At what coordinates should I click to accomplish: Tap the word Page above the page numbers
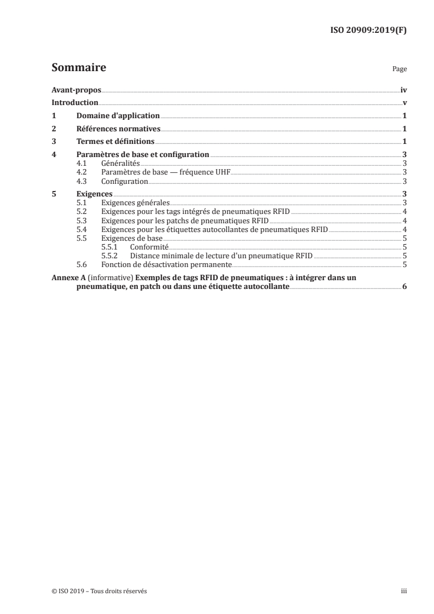pyautogui.click(x=400, y=70)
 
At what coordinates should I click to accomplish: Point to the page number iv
pyautogui.click(x=403, y=90)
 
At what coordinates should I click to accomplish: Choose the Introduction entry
pyautogui.click(x=75, y=103)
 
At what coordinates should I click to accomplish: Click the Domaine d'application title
pyautogui.click(x=118, y=116)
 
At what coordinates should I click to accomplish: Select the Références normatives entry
pyautogui.click(x=118, y=129)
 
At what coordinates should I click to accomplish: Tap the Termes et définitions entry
pyautogui.click(x=115, y=142)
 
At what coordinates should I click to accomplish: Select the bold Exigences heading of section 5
pyautogui.click(x=94, y=194)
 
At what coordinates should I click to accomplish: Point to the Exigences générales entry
pyautogui.click(x=135, y=202)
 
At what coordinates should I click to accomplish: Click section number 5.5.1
pyautogui.click(x=109, y=247)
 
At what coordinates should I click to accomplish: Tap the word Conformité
pyautogui.click(x=149, y=247)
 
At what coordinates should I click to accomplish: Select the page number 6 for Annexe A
pyautogui.click(x=404, y=287)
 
